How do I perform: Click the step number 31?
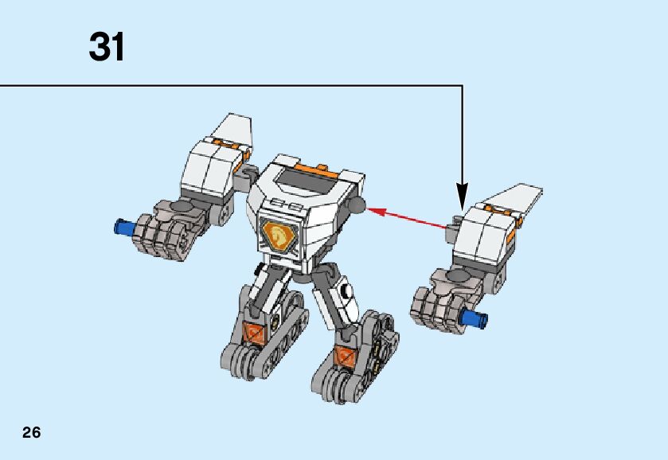[x=107, y=48]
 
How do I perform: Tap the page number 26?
[x=31, y=433]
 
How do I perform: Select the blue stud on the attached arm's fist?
[x=123, y=227]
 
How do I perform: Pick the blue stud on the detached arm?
[x=475, y=320]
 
